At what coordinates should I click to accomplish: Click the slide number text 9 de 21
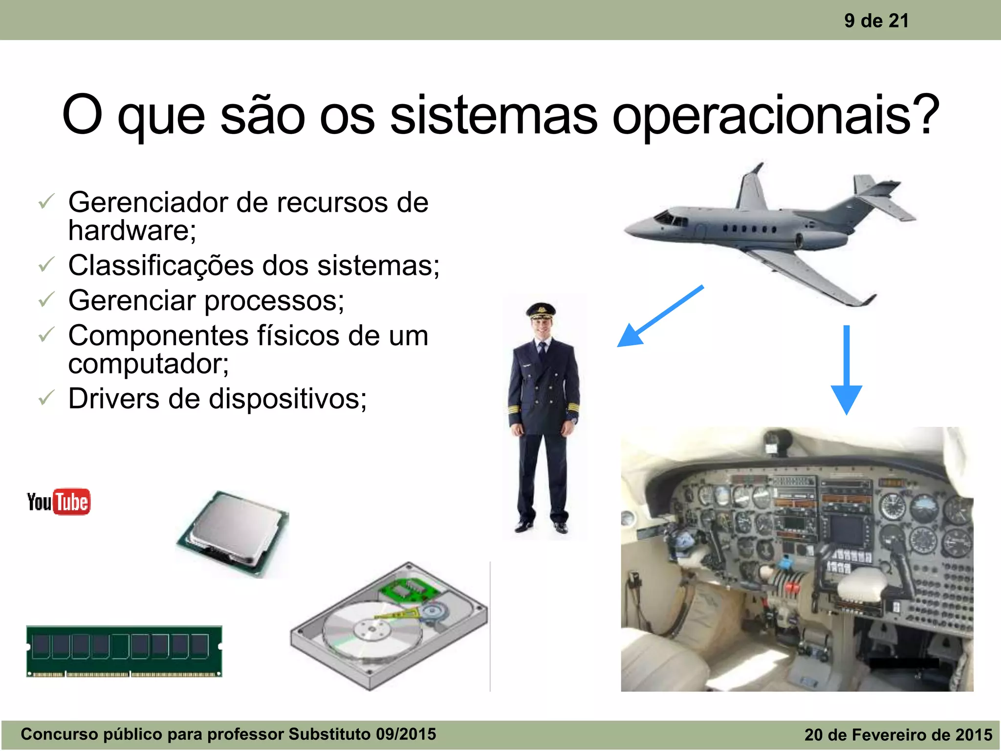point(876,21)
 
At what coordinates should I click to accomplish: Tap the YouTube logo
point(59,502)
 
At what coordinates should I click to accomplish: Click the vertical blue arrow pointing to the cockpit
point(847,369)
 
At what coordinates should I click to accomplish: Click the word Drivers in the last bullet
point(113,398)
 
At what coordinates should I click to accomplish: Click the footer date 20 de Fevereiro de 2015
point(898,734)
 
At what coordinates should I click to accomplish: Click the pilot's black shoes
point(543,526)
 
